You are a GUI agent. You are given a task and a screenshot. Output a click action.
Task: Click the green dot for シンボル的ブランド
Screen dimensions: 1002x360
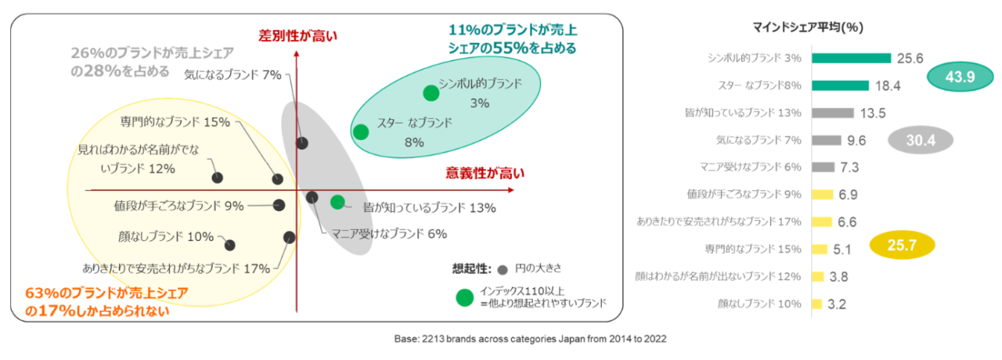(x=431, y=93)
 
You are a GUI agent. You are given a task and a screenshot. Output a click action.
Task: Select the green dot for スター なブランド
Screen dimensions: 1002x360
(x=361, y=132)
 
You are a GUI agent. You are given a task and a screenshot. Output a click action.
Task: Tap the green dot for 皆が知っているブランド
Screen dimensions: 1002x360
(x=337, y=202)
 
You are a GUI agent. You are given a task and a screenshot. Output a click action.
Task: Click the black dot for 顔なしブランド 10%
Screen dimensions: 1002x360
(x=230, y=245)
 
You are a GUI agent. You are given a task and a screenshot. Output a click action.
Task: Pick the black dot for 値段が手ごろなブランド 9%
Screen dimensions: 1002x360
(x=279, y=205)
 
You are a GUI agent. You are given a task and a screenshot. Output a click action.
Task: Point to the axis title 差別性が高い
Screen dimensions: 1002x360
(x=298, y=36)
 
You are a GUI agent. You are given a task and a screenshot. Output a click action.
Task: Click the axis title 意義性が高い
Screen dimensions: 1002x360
(x=485, y=173)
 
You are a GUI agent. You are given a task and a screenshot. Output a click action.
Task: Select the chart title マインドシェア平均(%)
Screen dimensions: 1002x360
(x=808, y=27)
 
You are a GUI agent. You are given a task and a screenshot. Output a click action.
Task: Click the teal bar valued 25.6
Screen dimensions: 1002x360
(x=852, y=58)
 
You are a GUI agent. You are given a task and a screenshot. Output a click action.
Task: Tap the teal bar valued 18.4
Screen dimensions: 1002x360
(x=841, y=85)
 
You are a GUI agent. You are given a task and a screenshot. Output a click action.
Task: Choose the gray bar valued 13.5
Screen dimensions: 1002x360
(x=833, y=113)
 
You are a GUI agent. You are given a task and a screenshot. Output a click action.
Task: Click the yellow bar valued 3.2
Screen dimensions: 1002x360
(x=817, y=304)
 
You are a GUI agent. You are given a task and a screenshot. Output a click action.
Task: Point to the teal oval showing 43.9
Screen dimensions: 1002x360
(x=960, y=77)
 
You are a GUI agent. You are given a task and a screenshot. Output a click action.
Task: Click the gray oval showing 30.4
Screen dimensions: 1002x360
(x=921, y=140)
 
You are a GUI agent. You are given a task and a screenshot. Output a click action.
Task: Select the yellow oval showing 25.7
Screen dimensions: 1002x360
(x=903, y=245)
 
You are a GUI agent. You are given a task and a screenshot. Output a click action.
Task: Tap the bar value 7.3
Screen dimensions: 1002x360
(x=849, y=167)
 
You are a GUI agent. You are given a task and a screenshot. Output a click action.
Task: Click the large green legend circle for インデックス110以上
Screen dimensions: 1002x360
(x=465, y=298)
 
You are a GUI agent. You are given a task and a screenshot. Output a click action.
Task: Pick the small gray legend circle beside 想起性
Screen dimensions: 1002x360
(x=503, y=270)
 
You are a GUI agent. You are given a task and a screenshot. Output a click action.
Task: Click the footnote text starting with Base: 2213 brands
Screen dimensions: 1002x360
(x=530, y=339)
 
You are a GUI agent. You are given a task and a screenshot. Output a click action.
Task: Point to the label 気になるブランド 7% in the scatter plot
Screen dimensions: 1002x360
(x=232, y=74)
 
